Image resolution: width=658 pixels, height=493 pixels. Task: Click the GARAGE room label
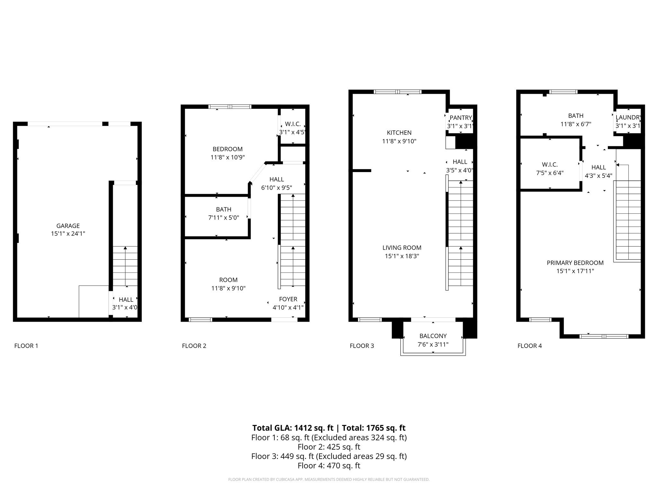point(68,226)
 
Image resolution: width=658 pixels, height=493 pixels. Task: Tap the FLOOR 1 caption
point(26,346)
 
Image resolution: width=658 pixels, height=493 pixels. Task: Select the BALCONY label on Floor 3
point(433,336)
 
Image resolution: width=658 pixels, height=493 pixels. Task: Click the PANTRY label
point(460,118)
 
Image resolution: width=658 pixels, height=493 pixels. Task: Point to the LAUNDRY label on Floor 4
point(628,117)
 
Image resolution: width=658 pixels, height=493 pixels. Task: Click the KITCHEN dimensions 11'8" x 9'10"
point(399,141)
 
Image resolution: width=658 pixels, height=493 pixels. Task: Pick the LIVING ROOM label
point(402,248)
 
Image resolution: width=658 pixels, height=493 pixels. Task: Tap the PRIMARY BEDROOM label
point(575,263)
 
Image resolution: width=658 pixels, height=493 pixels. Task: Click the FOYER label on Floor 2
point(288,299)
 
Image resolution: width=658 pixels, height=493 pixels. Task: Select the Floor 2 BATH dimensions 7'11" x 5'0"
point(223,218)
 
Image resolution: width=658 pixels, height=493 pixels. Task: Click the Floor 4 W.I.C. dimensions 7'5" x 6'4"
point(549,173)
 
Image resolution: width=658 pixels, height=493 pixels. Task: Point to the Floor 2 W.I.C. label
point(292,124)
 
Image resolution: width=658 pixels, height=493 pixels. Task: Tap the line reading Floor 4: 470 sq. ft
point(329,465)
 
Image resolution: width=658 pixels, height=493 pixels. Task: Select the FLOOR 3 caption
point(362,346)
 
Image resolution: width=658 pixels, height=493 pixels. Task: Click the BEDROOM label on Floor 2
point(227,149)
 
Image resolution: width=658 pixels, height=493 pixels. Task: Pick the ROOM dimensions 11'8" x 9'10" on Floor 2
point(228,288)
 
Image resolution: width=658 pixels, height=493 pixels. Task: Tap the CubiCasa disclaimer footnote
point(329,480)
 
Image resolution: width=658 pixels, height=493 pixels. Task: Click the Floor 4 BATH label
point(575,116)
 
